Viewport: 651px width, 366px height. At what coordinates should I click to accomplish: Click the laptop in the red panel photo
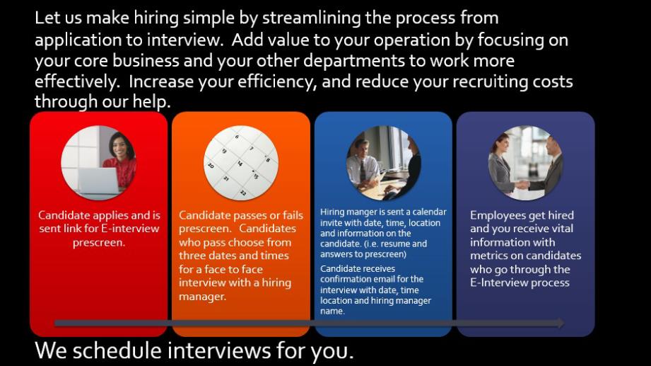[99, 181]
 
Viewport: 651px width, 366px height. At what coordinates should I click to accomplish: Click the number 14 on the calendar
[240, 164]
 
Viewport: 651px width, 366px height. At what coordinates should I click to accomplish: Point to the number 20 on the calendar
[211, 165]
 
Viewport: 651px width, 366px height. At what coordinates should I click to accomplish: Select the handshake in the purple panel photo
[522, 183]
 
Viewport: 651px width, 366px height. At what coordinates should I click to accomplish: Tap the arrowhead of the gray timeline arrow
[561, 323]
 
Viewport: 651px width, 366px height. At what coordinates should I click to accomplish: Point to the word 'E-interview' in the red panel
[130, 229]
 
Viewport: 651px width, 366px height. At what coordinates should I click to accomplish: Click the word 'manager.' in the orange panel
[203, 297]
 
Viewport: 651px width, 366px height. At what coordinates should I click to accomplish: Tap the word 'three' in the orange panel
[193, 256]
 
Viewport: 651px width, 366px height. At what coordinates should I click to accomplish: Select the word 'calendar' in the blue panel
[429, 212]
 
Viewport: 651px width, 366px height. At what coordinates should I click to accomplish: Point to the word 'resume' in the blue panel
[395, 244]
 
